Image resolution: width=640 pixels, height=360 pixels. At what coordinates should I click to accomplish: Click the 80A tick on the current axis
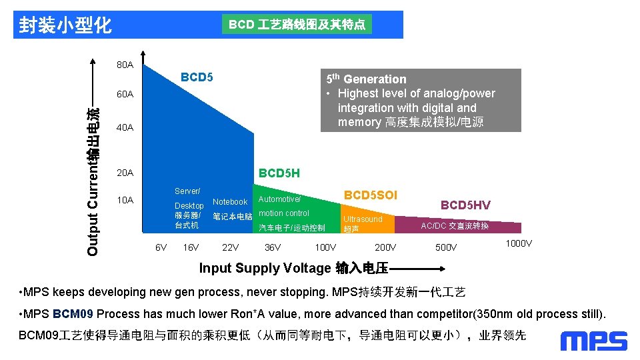(x=125, y=65)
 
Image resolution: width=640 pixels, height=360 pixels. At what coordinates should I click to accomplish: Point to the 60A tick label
(x=125, y=94)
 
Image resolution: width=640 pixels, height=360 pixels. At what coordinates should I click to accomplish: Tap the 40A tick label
(x=125, y=127)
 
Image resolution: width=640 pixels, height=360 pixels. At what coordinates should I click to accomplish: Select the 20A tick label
(x=125, y=173)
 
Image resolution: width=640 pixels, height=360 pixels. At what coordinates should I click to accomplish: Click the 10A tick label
(x=125, y=200)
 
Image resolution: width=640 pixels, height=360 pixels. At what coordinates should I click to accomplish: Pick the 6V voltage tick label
(x=161, y=247)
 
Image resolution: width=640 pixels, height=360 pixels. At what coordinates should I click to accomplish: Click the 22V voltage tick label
(x=230, y=247)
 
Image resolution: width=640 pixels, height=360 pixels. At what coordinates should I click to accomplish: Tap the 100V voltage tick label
(x=325, y=247)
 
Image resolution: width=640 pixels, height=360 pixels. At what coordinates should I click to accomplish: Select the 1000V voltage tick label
(x=519, y=243)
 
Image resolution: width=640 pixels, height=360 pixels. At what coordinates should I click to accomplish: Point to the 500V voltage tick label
(x=446, y=247)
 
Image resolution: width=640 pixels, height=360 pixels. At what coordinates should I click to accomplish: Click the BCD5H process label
(x=279, y=173)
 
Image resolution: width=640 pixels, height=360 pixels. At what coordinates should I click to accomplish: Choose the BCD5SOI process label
(x=370, y=195)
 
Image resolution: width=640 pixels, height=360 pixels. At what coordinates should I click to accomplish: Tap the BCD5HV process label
(x=465, y=205)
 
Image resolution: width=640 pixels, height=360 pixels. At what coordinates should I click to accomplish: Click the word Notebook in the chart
(x=230, y=201)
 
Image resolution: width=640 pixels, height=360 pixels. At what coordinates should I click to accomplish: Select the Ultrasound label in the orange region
(x=363, y=219)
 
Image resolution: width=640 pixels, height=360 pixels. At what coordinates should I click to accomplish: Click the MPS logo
(x=593, y=341)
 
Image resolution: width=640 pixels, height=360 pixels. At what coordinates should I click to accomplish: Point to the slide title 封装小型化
(x=65, y=25)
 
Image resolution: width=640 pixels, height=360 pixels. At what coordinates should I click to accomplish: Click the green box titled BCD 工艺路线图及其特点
(x=297, y=25)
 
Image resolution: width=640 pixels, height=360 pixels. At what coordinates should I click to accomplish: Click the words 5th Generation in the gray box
(x=366, y=79)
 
